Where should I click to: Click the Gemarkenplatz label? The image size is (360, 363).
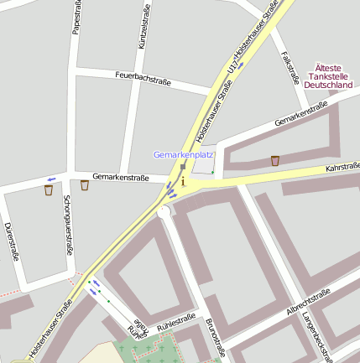click(183, 155)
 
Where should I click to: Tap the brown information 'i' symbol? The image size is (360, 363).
click(183, 181)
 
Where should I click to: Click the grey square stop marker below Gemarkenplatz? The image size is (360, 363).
click(183, 167)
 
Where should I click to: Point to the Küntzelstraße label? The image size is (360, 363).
click(143, 27)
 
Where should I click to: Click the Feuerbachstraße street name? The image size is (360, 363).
click(143, 79)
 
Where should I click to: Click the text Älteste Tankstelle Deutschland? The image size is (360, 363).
click(327, 75)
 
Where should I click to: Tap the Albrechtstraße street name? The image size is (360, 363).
click(308, 303)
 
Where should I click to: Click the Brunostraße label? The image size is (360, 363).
click(216, 337)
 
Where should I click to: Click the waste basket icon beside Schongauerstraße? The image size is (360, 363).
click(49, 190)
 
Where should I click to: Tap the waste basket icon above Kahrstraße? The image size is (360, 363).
click(275, 160)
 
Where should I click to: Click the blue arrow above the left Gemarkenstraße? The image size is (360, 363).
click(51, 179)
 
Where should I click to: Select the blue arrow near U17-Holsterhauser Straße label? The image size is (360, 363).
click(240, 65)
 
